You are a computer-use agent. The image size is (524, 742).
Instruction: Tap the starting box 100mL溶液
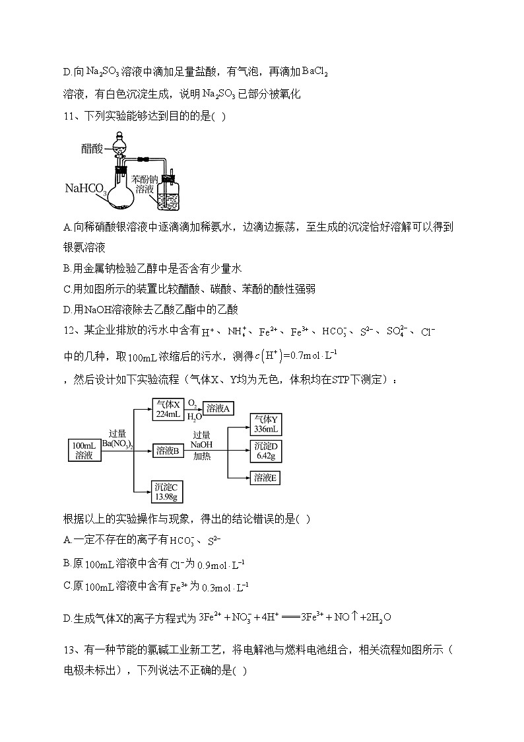[x=84, y=451]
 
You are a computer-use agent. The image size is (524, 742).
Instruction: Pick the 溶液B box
[x=168, y=451]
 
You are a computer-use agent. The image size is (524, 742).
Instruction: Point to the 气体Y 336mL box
[x=267, y=424]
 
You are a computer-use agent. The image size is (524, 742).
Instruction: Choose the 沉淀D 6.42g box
[x=267, y=451]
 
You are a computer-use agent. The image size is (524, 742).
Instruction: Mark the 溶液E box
[x=267, y=477]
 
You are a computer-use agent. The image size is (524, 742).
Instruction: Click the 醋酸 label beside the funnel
[x=92, y=149]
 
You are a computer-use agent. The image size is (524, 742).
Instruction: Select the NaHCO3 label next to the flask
[x=86, y=190]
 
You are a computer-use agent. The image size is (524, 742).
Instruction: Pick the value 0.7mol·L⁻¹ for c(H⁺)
[x=314, y=357]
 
